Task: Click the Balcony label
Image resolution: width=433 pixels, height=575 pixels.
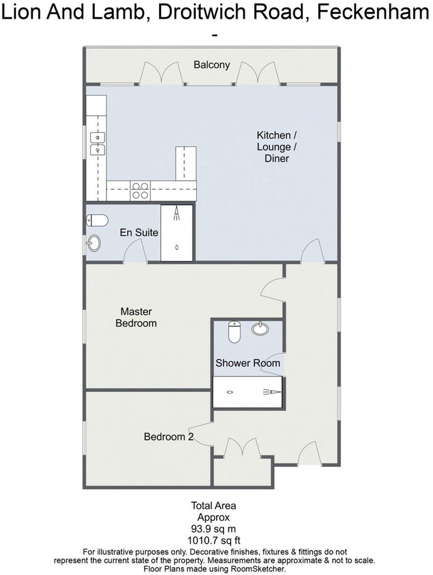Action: pos(211,65)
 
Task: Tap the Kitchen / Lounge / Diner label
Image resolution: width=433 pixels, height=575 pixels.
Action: pos(277,147)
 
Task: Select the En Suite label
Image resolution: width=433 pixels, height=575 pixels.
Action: pos(139,233)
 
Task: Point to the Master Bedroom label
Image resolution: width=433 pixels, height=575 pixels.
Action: pos(136,317)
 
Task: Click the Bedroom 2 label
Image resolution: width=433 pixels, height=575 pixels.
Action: pos(169,437)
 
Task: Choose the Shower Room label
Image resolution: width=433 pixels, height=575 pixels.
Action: pos(248,363)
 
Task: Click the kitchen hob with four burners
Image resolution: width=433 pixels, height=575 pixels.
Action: pos(140,190)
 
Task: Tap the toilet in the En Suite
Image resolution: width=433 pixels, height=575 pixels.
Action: pos(97,220)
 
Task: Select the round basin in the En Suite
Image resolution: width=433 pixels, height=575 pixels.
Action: pos(94,243)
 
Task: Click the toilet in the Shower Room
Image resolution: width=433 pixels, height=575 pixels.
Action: pos(234,332)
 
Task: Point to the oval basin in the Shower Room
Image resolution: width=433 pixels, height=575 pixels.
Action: pos(260,328)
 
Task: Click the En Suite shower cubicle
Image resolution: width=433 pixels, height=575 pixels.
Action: pos(177,233)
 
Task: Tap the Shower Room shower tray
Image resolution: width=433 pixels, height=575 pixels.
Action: pos(248,392)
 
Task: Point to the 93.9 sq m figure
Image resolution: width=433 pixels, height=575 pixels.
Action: pos(214,529)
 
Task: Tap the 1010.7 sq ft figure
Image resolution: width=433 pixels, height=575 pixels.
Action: pos(214,540)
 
